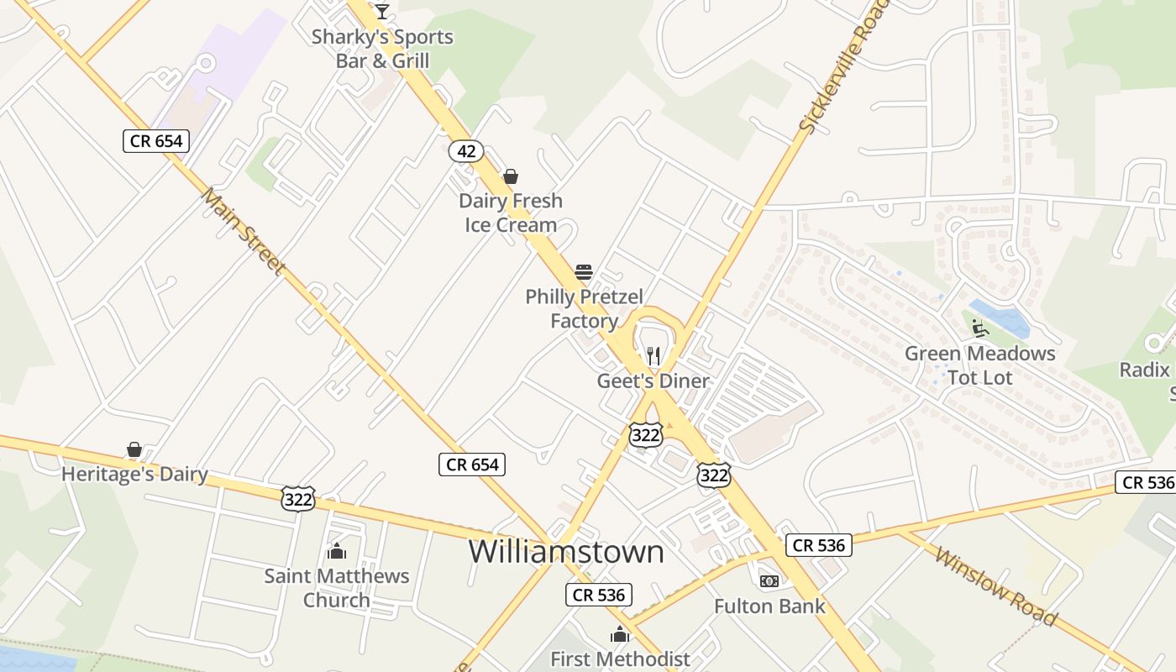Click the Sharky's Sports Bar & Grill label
[x=382, y=49]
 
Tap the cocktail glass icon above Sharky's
[x=382, y=12]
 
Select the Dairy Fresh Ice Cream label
[x=511, y=213]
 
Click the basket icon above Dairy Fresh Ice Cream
[x=510, y=176]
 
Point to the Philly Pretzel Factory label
[x=585, y=308]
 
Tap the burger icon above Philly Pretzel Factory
[x=584, y=272]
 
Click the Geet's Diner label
[x=653, y=381]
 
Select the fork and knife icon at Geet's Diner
[x=654, y=356]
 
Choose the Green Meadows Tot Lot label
[x=980, y=365]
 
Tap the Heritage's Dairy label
[x=134, y=474]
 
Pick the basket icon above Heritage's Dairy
[x=134, y=450]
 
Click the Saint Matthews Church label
[x=337, y=588]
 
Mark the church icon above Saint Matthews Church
[x=337, y=552]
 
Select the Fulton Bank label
[x=769, y=606]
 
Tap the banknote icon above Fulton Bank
[x=769, y=581]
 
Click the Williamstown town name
[x=566, y=552]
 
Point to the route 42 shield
[x=465, y=151]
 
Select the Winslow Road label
[x=995, y=586]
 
